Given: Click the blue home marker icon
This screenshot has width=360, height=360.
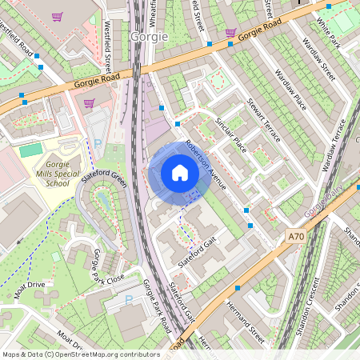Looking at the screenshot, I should pos(180,173).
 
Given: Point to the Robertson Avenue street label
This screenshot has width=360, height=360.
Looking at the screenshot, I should pos(206,166).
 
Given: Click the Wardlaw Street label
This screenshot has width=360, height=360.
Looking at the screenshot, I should pos(317,59).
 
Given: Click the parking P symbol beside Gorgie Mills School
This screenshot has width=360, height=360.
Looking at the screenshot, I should pos(98,144).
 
